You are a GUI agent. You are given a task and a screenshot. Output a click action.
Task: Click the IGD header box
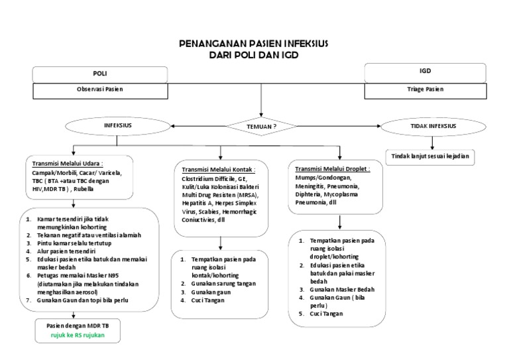tap(425, 70)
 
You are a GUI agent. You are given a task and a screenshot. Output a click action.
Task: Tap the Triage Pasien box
tap(425, 88)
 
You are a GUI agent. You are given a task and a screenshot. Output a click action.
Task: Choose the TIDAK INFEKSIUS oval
tap(433, 125)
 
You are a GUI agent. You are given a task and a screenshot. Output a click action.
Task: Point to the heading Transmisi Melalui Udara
tap(66, 163)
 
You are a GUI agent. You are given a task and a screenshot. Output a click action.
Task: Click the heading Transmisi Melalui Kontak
tap(218, 170)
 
